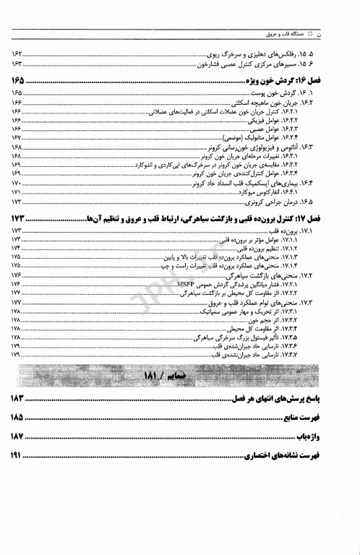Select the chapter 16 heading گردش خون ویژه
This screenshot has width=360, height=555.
[293, 80]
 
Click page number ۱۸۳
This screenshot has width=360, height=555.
[18, 399]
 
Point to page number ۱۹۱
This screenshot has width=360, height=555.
[18, 456]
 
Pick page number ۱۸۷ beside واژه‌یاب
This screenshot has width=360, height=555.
[18, 436]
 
